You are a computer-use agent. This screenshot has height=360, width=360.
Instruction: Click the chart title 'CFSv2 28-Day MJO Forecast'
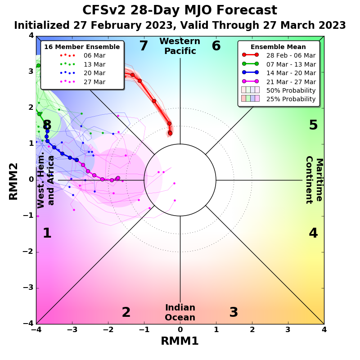[180, 10]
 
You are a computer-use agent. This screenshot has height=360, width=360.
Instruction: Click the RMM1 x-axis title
[180, 341]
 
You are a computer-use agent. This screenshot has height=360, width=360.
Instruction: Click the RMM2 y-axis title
[13, 180]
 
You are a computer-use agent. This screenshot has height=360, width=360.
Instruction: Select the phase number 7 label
[144, 46]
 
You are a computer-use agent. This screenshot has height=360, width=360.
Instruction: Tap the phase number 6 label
[216, 46]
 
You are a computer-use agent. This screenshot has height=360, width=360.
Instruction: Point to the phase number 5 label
[313, 126]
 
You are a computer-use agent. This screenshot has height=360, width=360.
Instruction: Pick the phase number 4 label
[313, 234]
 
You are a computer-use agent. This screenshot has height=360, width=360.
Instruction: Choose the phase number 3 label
[234, 313]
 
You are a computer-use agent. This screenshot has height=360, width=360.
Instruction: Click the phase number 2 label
[126, 313]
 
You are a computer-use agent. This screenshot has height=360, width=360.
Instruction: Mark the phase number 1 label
[47, 234]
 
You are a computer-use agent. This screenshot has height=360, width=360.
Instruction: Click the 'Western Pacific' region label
[180, 46]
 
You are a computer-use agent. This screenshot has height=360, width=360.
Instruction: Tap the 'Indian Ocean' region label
[180, 313]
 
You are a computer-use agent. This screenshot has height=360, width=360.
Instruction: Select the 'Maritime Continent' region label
[314, 180]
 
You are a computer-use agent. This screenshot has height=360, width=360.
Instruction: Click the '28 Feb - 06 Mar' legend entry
[291, 55]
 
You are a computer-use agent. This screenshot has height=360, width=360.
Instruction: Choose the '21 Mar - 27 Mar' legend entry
[291, 81]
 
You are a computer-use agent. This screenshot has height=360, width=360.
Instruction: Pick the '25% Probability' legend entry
[291, 99]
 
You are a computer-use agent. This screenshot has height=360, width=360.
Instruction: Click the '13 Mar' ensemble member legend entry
[94, 64]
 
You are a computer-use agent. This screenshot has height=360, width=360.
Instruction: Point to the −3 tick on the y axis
[28, 288]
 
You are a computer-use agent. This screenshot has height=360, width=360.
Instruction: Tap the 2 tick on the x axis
[252, 330]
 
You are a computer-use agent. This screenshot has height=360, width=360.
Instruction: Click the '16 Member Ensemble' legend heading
[82, 47]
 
